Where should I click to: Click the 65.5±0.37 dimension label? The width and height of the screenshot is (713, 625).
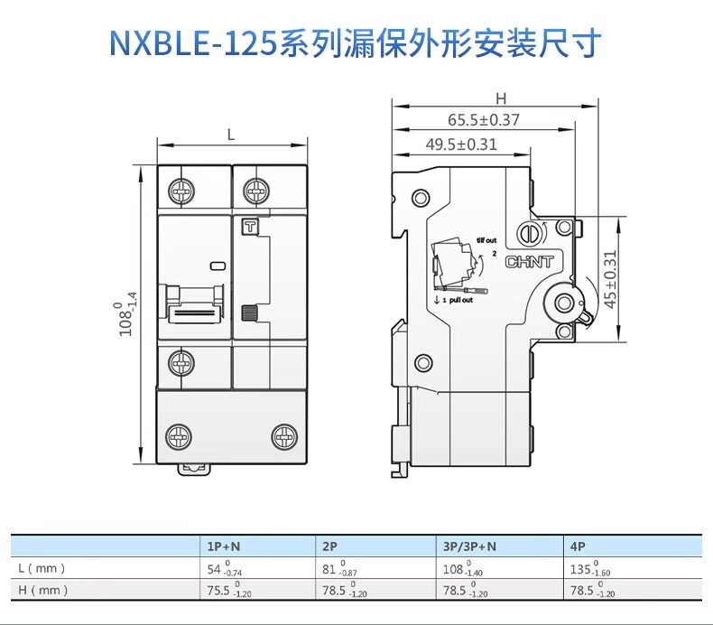pyautogui.click(x=484, y=119)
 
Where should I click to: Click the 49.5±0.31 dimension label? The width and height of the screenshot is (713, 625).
pyautogui.click(x=461, y=144)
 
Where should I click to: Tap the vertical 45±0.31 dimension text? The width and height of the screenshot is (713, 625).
pyautogui.click(x=610, y=279)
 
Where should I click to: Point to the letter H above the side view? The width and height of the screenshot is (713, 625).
pyautogui.click(x=501, y=98)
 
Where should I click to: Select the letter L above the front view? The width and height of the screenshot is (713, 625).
pyautogui.click(x=231, y=135)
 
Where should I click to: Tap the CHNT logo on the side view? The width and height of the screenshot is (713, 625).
pyautogui.click(x=530, y=263)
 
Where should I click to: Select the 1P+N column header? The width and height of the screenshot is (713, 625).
pyautogui.click(x=225, y=546)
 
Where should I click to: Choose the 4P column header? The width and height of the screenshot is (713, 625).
pyautogui.click(x=579, y=546)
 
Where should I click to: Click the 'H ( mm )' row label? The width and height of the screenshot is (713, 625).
pyautogui.click(x=43, y=591)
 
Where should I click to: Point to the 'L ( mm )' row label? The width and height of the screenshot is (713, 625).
pyautogui.click(x=42, y=569)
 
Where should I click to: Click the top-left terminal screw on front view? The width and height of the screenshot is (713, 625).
pyautogui.click(x=181, y=191)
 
